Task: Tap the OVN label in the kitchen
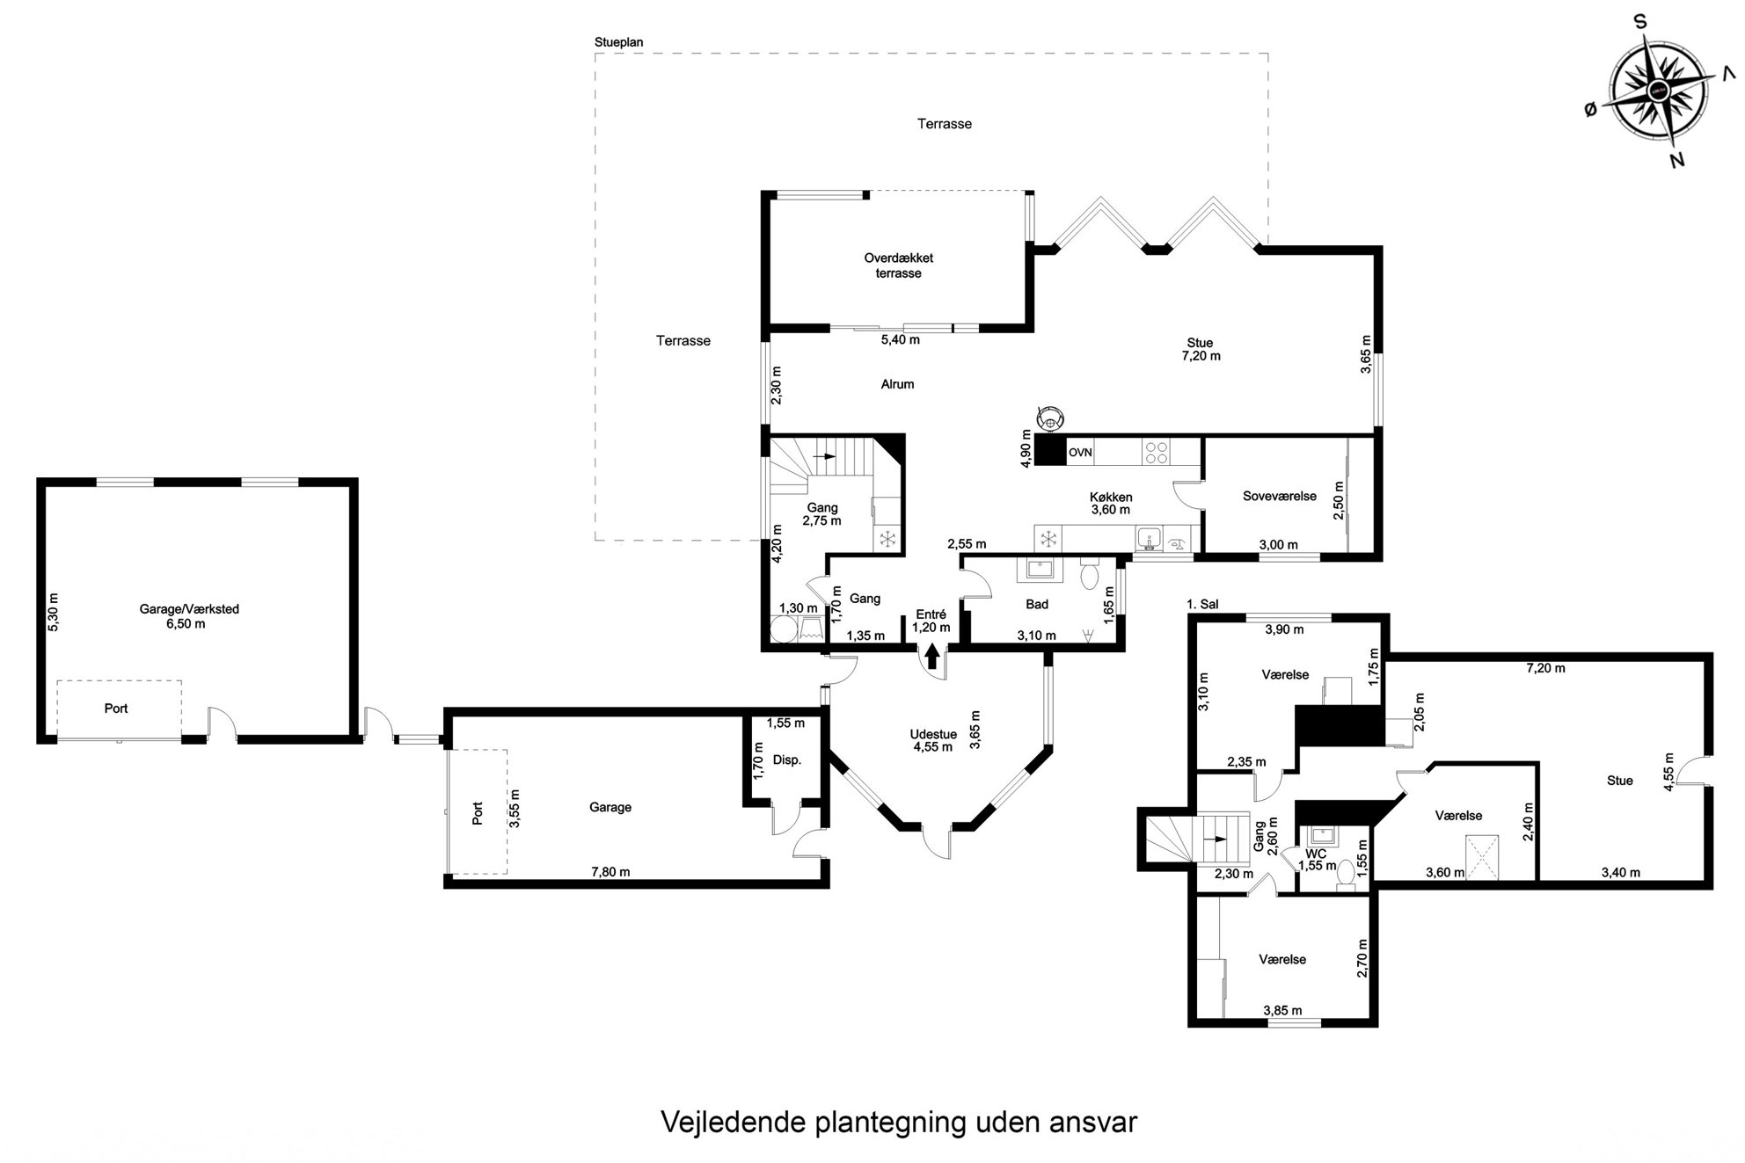(1080, 453)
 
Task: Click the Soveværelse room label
(1279, 496)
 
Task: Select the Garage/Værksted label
(189, 608)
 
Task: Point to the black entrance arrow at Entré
(932, 656)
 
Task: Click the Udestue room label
(933, 735)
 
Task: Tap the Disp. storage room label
(787, 760)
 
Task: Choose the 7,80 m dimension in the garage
(610, 872)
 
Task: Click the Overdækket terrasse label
(898, 265)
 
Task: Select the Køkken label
(1111, 497)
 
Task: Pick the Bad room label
(1037, 604)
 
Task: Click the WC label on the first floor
(1316, 854)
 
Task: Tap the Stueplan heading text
(619, 42)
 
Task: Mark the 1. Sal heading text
(1202, 604)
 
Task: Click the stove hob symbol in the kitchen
(1156, 453)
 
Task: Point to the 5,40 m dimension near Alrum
(901, 339)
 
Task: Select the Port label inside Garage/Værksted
(116, 708)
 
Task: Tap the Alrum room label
(897, 384)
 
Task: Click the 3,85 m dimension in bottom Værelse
(1282, 1010)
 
